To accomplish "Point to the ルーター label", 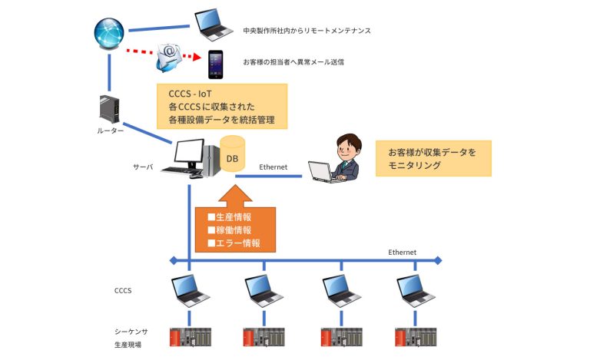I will click(111, 131).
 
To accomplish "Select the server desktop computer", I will click(187, 159).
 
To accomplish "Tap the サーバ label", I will click(144, 166).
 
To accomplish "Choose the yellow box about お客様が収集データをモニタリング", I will click(433, 158).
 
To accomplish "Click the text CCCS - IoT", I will click(189, 94).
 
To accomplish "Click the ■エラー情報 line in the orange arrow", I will click(234, 243).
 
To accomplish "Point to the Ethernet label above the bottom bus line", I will click(402, 252).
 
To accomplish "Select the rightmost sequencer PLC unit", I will click(415, 338).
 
